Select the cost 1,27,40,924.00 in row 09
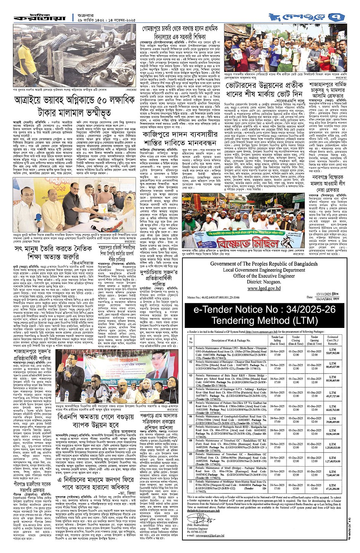pos(333,460)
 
